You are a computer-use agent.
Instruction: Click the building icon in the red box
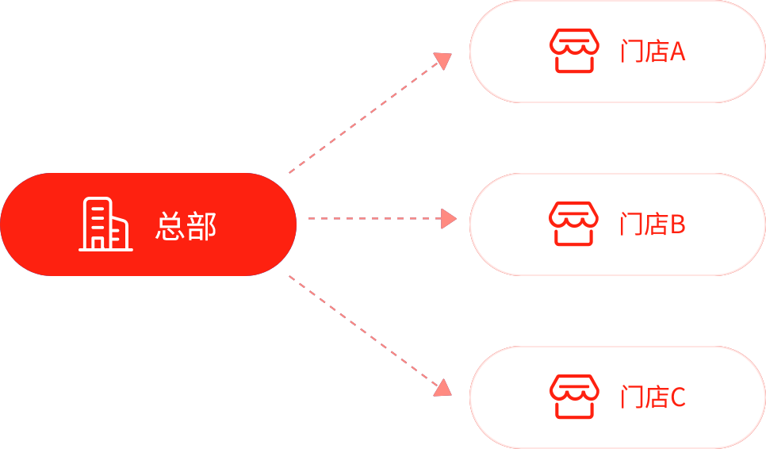[105, 224]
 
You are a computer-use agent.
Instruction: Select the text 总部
[186, 226]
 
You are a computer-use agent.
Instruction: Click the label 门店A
[652, 52]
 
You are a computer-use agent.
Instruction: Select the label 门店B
[652, 225]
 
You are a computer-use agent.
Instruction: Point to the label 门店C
[652, 397]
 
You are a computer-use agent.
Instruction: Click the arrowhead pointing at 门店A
[442, 60]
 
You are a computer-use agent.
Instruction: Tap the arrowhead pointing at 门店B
[449, 218]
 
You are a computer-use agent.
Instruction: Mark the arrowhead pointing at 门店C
[442, 387]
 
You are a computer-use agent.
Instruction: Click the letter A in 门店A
[677, 52]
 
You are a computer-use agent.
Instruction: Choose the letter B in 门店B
[677, 225]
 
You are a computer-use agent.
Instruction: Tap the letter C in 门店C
[677, 397]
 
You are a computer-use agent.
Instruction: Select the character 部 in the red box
[201, 226]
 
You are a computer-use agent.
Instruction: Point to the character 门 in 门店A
[631, 52]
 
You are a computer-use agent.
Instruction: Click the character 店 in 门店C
[656, 397]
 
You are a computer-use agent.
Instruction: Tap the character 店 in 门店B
[656, 225]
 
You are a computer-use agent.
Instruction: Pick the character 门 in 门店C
[631, 397]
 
